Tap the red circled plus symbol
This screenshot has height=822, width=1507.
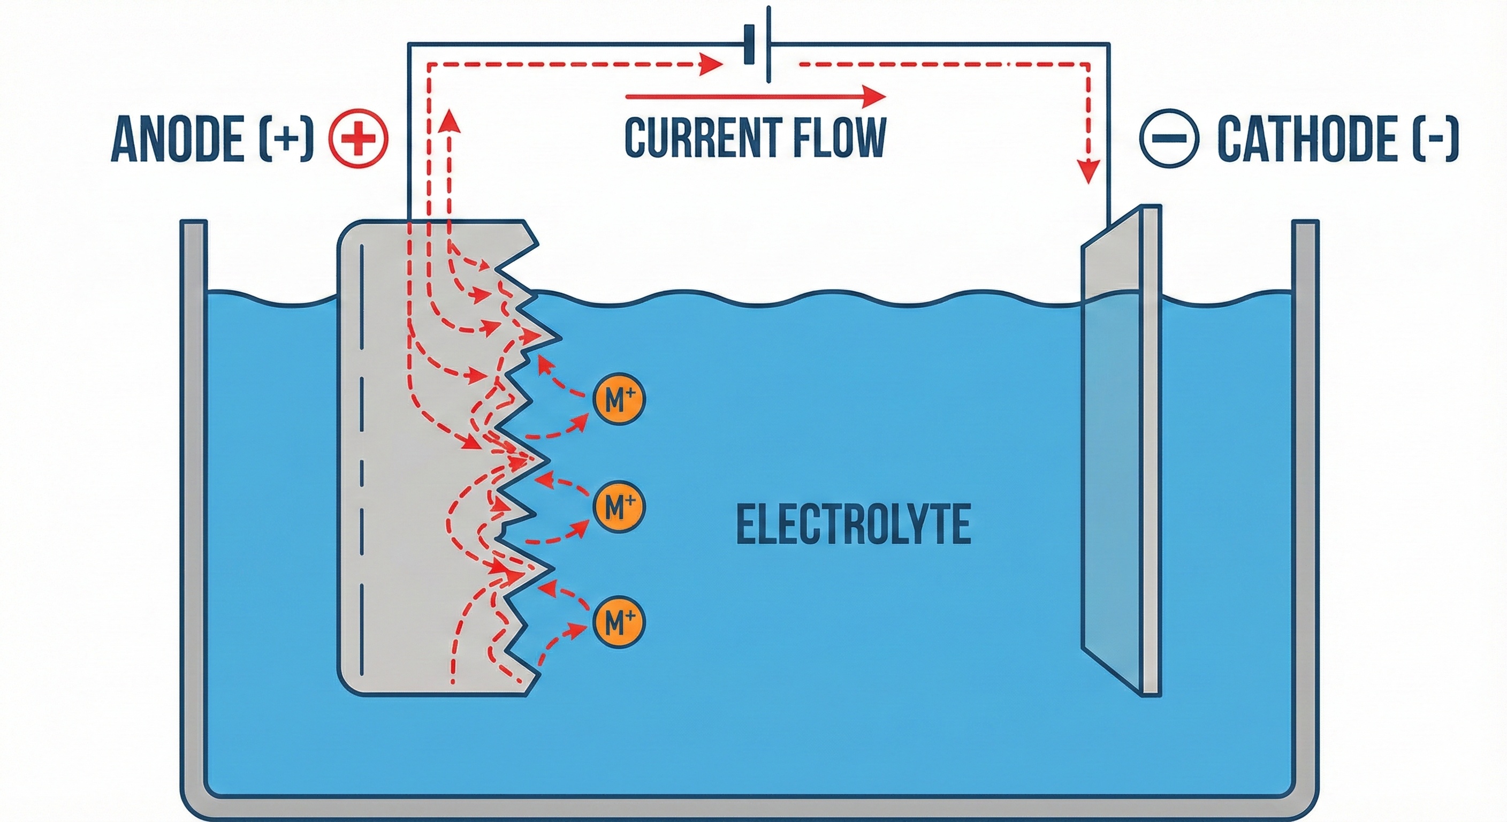point(358,139)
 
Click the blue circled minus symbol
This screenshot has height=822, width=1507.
point(1169,139)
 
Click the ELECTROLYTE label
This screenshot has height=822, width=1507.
point(853,525)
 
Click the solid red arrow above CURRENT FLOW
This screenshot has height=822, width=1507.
point(755,96)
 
